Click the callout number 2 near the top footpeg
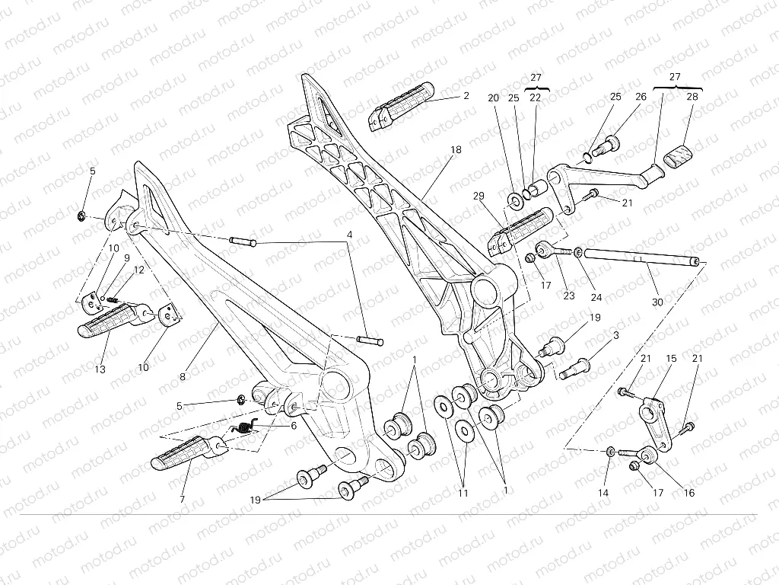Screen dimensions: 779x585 (x=466, y=95)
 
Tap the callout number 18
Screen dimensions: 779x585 (x=456, y=149)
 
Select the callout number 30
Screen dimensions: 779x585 (x=657, y=302)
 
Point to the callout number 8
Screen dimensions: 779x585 (x=183, y=376)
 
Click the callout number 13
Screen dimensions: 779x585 (x=100, y=369)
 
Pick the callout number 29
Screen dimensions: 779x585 (x=479, y=196)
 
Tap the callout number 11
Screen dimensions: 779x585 (x=463, y=493)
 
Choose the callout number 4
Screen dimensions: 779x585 (x=350, y=234)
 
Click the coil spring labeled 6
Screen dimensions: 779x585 (x=243, y=427)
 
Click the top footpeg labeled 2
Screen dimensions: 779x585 (x=401, y=107)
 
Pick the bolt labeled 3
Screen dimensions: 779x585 (x=574, y=370)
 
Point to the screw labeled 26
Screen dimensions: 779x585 (x=607, y=148)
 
